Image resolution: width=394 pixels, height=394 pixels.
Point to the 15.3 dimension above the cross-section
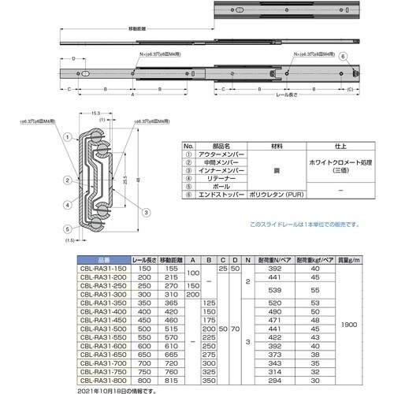point(95,113)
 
